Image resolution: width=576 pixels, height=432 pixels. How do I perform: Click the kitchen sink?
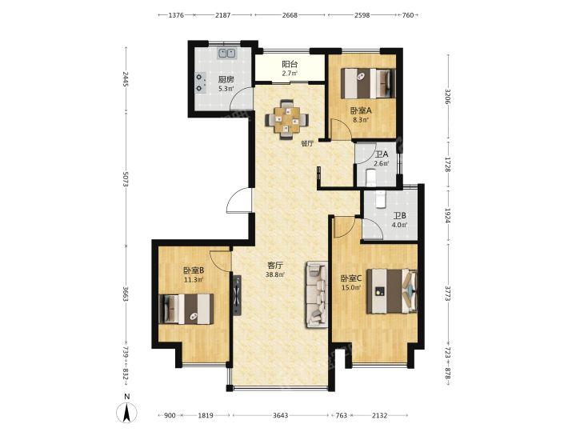pyautogui.click(x=227, y=54)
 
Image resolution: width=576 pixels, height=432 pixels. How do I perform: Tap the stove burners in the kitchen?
pyautogui.click(x=198, y=82)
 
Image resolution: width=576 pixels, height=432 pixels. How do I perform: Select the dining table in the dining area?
pyautogui.click(x=287, y=119)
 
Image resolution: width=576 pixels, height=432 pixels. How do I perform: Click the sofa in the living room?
pyautogui.click(x=317, y=294)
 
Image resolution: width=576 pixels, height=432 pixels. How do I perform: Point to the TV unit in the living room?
pyautogui.click(x=236, y=295)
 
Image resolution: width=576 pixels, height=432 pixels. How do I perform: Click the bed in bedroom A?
pyautogui.click(x=368, y=83)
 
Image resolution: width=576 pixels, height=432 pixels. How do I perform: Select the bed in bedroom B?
pyautogui.click(x=186, y=309)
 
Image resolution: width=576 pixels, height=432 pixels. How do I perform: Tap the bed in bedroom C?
pyautogui.click(x=392, y=291)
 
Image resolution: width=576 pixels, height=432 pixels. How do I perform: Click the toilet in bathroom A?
pyautogui.click(x=370, y=177)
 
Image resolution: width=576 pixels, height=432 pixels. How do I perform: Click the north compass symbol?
pyautogui.click(x=126, y=410)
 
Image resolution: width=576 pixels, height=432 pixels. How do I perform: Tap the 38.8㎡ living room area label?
pyautogui.click(x=275, y=274)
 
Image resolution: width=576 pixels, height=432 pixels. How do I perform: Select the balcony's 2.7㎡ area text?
pyautogui.click(x=290, y=73)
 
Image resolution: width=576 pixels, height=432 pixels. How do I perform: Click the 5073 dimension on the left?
pyautogui.click(x=126, y=179)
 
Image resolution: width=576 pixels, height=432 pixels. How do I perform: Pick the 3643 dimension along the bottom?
pyautogui.click(x=281, y=415)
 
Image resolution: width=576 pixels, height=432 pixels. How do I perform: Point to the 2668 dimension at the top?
pyautogui.click(x=290, y=15)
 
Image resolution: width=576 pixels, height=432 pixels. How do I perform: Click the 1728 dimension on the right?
pyautogui.click(x=447, y=165)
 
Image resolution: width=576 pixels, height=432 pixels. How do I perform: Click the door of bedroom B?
pyautogui.click(x=221, y=260)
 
